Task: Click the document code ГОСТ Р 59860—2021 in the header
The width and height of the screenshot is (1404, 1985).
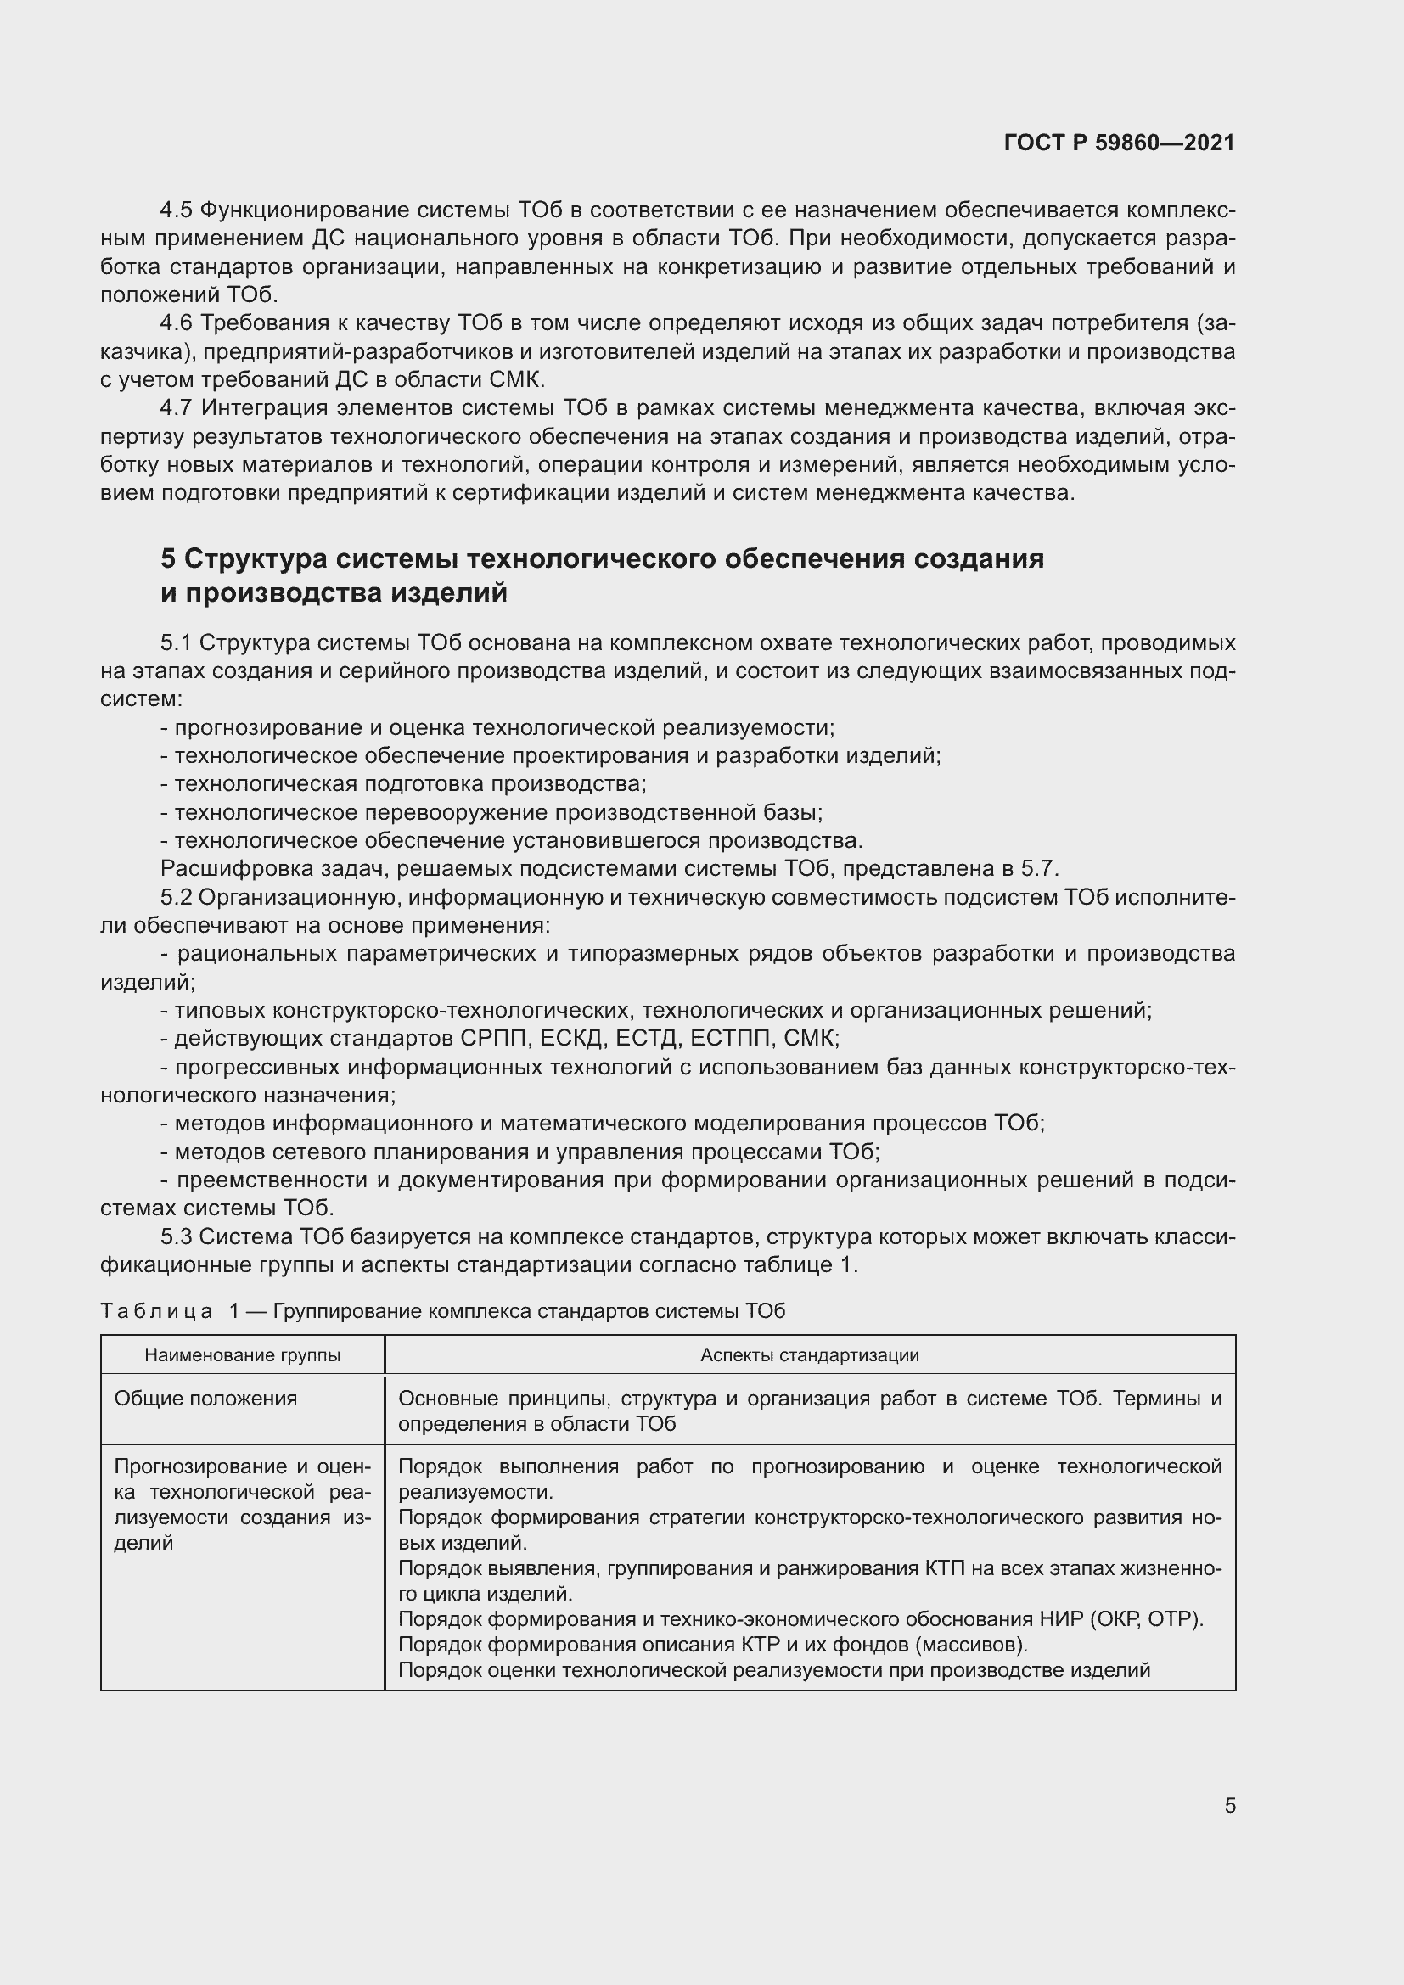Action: [1119, 143]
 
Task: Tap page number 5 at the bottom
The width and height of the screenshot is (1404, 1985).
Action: [1229, 1805]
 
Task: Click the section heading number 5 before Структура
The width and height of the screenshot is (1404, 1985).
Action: [168, 559]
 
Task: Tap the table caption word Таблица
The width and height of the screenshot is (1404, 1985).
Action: [156, 1311]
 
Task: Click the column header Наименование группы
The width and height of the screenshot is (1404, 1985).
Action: [242, 1354]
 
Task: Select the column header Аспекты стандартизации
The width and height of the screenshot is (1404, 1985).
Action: [809, 1354]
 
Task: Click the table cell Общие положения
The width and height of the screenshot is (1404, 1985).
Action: [205, 1399]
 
